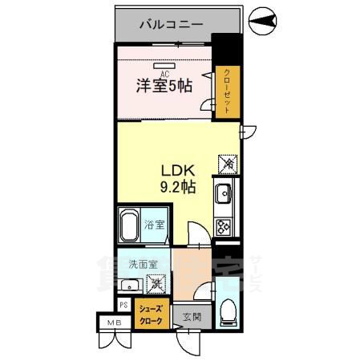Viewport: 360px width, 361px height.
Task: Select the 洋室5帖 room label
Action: click(x=163, y=84)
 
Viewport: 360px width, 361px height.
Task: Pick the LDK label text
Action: click(x=179, y=171)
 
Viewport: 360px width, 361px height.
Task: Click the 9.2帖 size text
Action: click(x=178, y=188)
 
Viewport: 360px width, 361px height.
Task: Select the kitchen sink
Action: click(x=222, y=193)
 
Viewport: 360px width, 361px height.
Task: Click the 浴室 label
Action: click(x=155, y=225)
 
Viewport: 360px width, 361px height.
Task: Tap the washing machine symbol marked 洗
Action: click(x=158, y=282)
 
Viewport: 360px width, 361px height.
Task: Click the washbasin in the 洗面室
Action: click(x=128, y=285)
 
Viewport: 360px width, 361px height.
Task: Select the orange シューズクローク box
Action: click(x=151, y=314)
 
